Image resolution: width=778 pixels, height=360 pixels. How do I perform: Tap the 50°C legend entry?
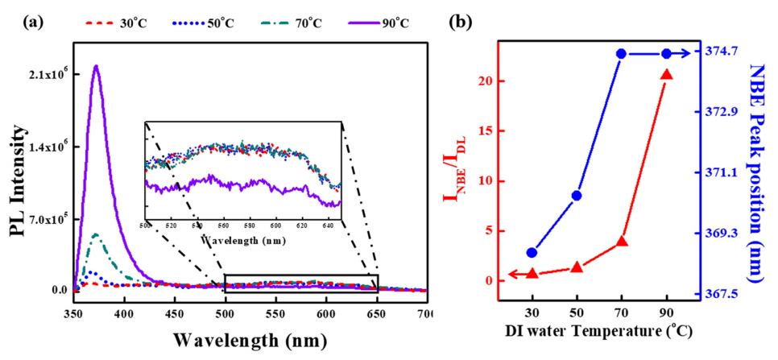[211, 22]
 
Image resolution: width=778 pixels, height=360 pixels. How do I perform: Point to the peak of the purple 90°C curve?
[97, 66]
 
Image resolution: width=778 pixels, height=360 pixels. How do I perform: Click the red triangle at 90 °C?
[666, 75]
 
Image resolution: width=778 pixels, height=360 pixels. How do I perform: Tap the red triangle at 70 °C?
[621, 241]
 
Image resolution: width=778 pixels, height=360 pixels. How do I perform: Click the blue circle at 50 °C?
[577, 196]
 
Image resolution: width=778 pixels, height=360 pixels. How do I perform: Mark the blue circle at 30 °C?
[532, 253]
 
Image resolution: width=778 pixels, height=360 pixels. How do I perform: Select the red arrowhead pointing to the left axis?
[510, 275]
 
